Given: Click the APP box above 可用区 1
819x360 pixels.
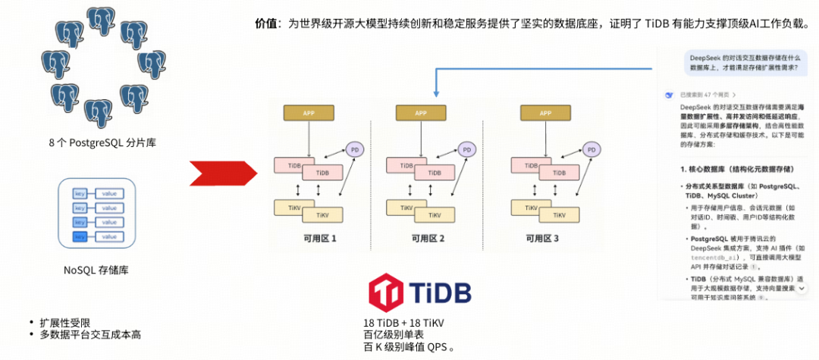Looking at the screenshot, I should [309, 113].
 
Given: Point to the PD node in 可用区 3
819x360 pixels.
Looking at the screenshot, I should [591, 150].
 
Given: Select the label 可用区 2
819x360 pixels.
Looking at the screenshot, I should [428, 239].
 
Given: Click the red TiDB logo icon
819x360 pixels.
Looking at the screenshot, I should [386, 293].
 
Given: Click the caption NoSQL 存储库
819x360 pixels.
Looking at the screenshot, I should [96, 270].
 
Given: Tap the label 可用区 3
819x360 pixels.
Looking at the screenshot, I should [542, 239].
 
